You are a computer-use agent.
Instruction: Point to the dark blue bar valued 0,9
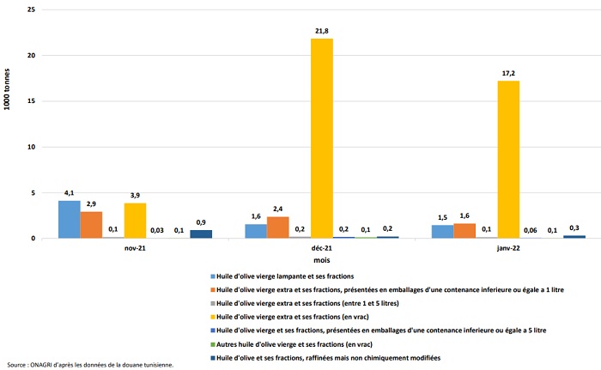201,234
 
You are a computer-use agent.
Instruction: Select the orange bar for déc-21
278,227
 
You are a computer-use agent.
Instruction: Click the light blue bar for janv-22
442,232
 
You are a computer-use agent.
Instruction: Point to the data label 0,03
158,229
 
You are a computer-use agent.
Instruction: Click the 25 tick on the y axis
31,9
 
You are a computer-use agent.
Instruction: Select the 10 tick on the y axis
31,147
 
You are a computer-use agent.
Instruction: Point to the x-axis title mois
321,258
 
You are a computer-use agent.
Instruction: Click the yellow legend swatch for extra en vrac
213,317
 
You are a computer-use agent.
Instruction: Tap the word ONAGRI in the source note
40,365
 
